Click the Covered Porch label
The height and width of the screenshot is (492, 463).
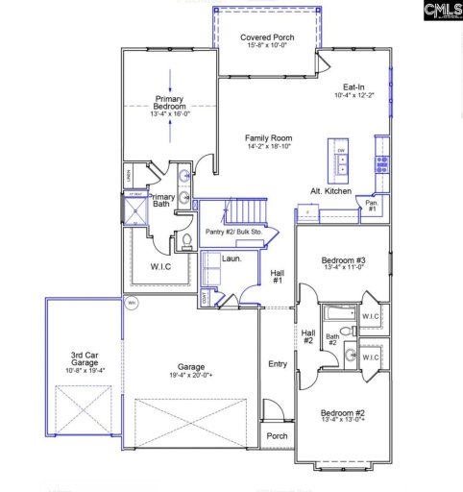(267, 37)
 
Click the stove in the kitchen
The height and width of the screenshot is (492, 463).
(381, 160)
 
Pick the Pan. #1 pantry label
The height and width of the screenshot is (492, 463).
(372, 206)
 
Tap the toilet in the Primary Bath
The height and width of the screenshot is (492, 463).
(187, 241)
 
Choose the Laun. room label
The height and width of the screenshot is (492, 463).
(231, 258)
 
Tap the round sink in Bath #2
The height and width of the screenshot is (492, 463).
(351, 355)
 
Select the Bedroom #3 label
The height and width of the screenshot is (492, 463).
(342, 260)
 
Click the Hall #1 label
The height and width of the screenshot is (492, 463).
(277, 277)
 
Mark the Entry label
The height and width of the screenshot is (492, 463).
(278, 363)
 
